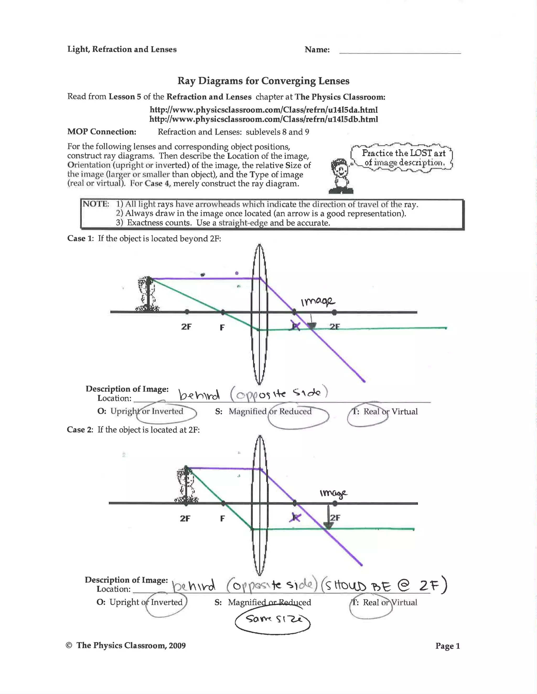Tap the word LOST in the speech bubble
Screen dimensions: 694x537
(x=421, y=153)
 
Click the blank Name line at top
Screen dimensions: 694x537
(x=400, y=51)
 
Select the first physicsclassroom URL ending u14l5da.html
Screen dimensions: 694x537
(x=264, y=110)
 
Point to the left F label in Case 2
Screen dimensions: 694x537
(x=222, y=518)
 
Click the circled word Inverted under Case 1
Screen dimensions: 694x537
(x=167, y=411)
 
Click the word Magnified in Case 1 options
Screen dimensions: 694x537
(x=248, y=411)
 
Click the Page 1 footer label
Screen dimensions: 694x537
(x=447, y=646)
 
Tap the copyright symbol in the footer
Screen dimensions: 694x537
(x=69, y=645)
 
